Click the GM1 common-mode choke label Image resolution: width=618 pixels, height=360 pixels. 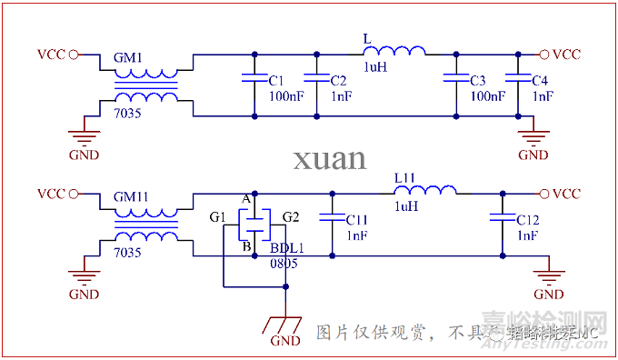tap(128, 57)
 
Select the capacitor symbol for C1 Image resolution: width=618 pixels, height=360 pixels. tap(251, 80)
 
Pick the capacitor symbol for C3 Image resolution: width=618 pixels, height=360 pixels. tap(454, 80)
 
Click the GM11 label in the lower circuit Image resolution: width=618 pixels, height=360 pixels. tap(132, 196)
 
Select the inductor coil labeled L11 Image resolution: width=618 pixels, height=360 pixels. tap(424, 191)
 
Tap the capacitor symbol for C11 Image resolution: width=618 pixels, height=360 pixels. tap(332, 218)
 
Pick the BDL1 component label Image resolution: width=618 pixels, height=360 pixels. tap(286, 248)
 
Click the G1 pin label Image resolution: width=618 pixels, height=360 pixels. tap(217, 216)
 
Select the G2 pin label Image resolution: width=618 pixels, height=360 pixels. tap(291, 216)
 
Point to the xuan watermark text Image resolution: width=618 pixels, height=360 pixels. tap(329, 158)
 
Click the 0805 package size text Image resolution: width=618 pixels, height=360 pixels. tap(283, 263)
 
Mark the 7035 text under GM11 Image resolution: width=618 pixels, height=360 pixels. tap(127, 253)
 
